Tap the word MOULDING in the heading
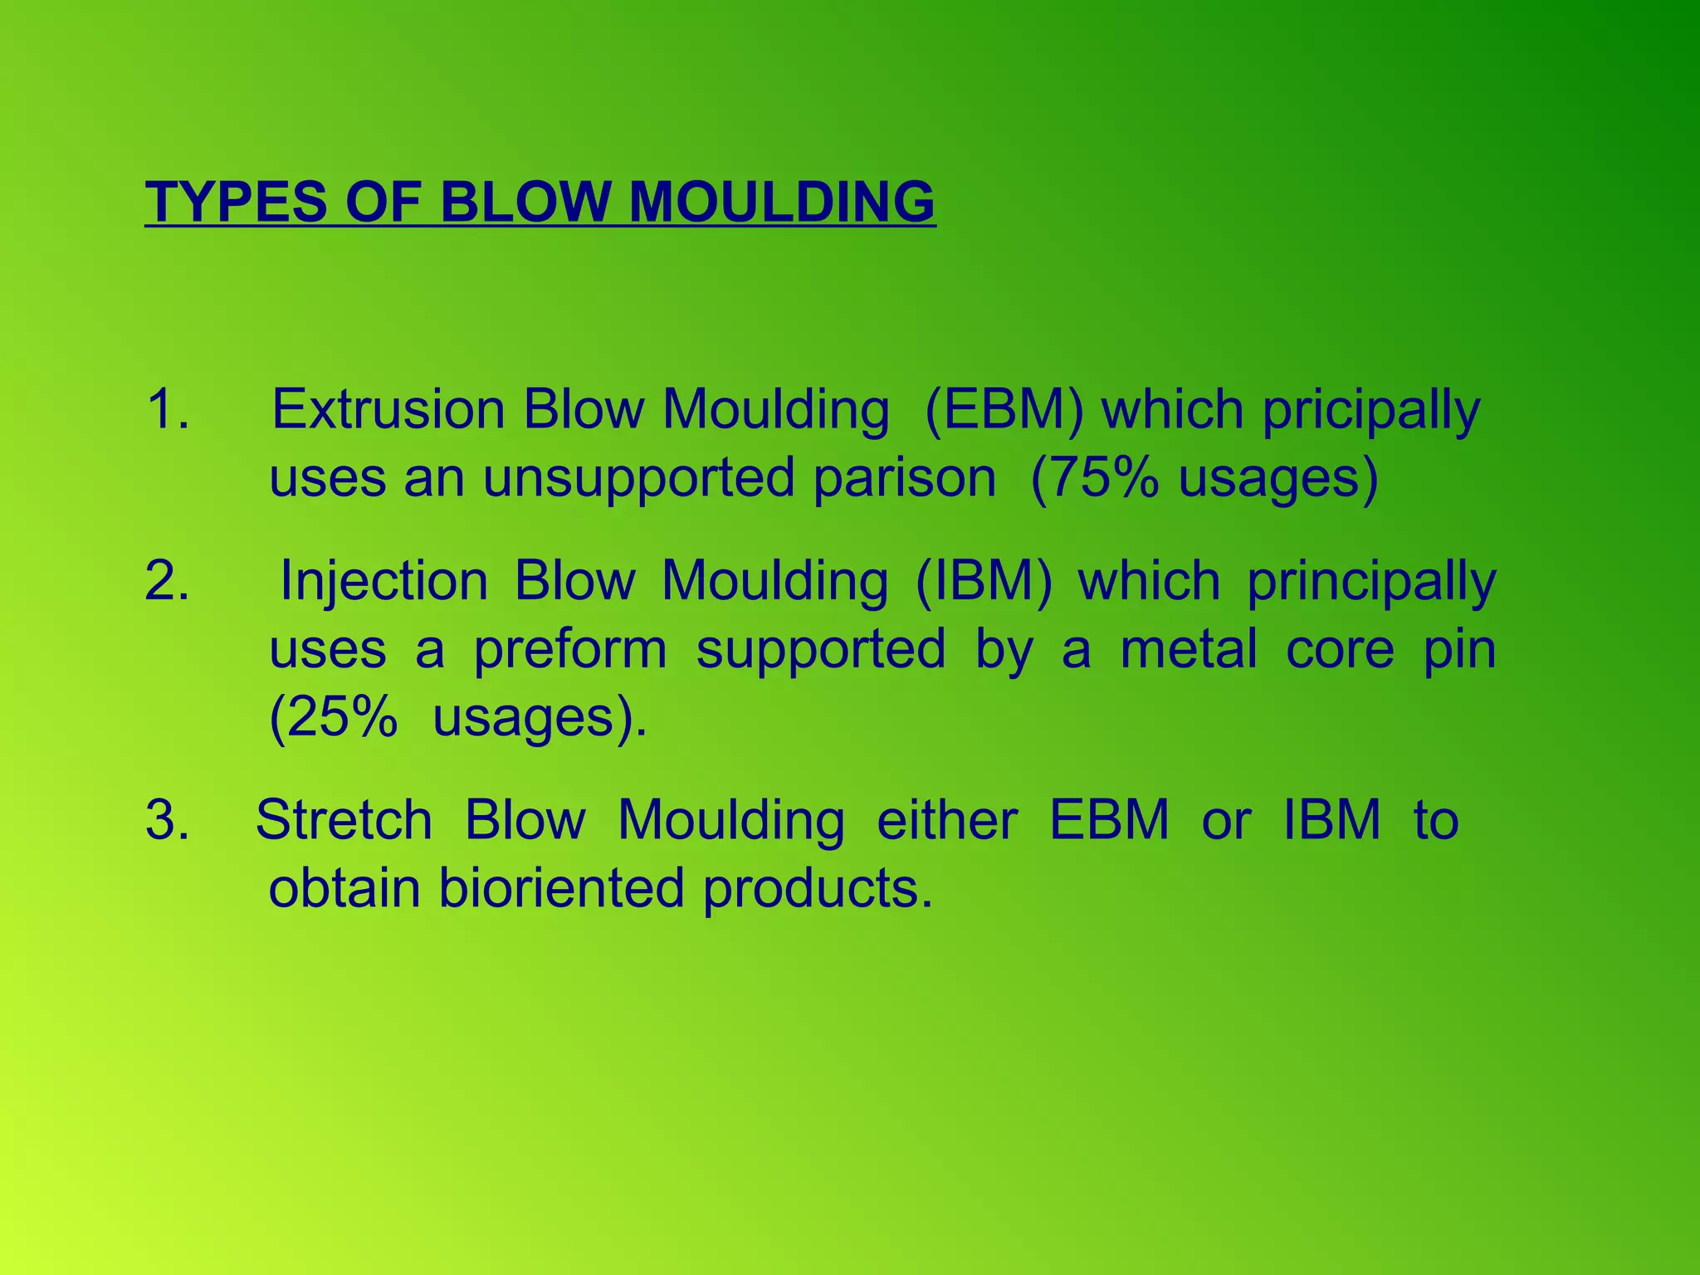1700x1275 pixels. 781,202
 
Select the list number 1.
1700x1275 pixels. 167,409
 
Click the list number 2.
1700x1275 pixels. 167,580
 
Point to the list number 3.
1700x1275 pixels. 167,820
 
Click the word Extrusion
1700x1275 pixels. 388,409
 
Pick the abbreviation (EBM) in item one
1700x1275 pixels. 1004,409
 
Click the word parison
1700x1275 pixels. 904,479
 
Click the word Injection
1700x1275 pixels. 383,580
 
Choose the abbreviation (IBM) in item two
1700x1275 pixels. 984,580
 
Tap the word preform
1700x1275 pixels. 569,650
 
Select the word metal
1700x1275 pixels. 1188,648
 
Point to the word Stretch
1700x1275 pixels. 344,820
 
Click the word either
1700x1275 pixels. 947,820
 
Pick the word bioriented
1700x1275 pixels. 561,888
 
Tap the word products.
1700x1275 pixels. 818,888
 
